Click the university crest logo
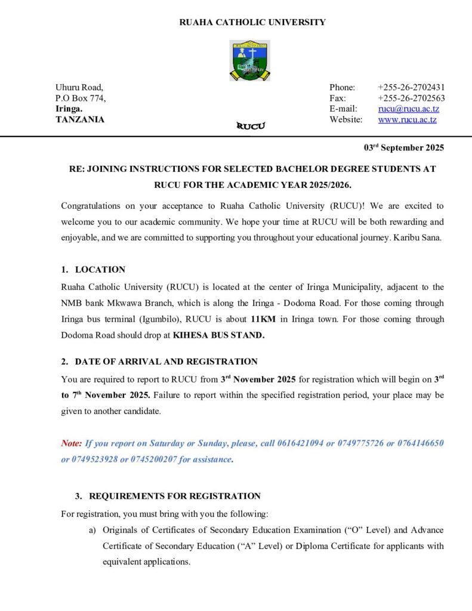(249, 60)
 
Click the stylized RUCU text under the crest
(251, 126)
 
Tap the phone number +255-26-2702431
(411, 87)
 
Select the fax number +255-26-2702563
(411, 98)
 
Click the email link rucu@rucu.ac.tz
(408, 109)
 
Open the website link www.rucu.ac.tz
(407, 119)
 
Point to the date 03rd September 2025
(404, 147)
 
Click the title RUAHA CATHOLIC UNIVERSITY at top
(252, 23)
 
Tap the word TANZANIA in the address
(80, 119)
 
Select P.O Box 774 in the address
(81, 98)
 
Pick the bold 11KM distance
(264, 319)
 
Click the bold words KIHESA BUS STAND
(218, 335)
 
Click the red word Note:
(72, 443)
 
